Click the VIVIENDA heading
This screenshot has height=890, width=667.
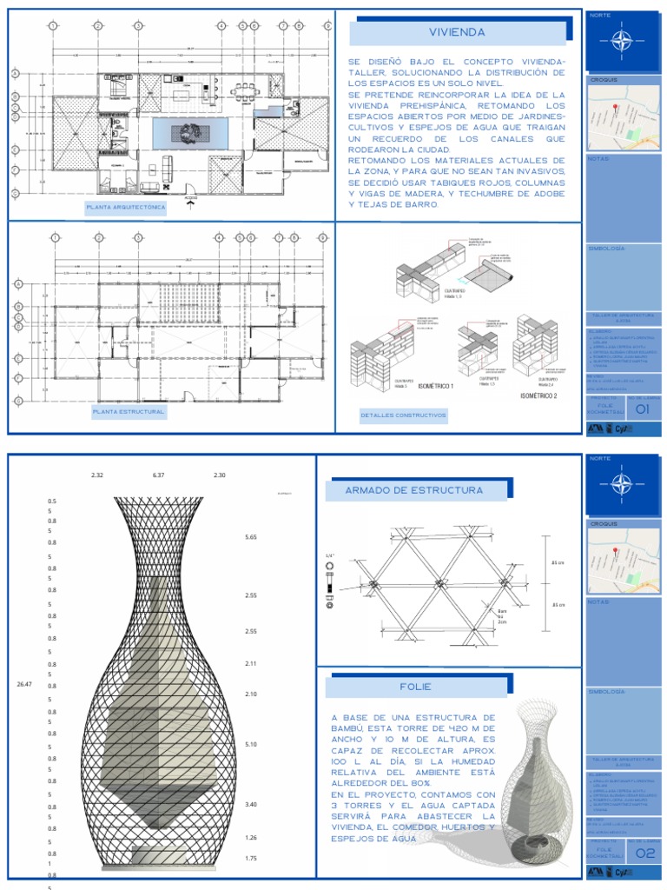[x=457, y=33]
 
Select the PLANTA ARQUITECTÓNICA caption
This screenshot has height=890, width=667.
[x=125, y=208]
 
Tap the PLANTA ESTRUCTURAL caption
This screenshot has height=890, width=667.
[x=129, y=411]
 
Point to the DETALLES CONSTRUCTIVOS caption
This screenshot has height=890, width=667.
[x=403, y=415]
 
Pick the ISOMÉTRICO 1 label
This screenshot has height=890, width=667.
[x=434, y=385]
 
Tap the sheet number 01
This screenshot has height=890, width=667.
[x=642, y=409]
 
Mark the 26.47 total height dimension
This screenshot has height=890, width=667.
[x=24, y=685]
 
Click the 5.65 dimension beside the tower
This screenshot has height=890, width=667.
[x=252, y=538]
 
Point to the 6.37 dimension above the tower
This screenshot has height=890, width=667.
[x=158, y=475]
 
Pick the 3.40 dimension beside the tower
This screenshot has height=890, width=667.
[x=252, y=805]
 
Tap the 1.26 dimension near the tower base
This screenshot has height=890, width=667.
[x=252, y=838]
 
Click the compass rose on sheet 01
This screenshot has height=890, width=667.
[x=620, y=39]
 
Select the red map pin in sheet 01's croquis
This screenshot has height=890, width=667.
[x=616, y=108]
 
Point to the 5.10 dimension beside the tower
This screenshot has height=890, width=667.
[x=252, y=745]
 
